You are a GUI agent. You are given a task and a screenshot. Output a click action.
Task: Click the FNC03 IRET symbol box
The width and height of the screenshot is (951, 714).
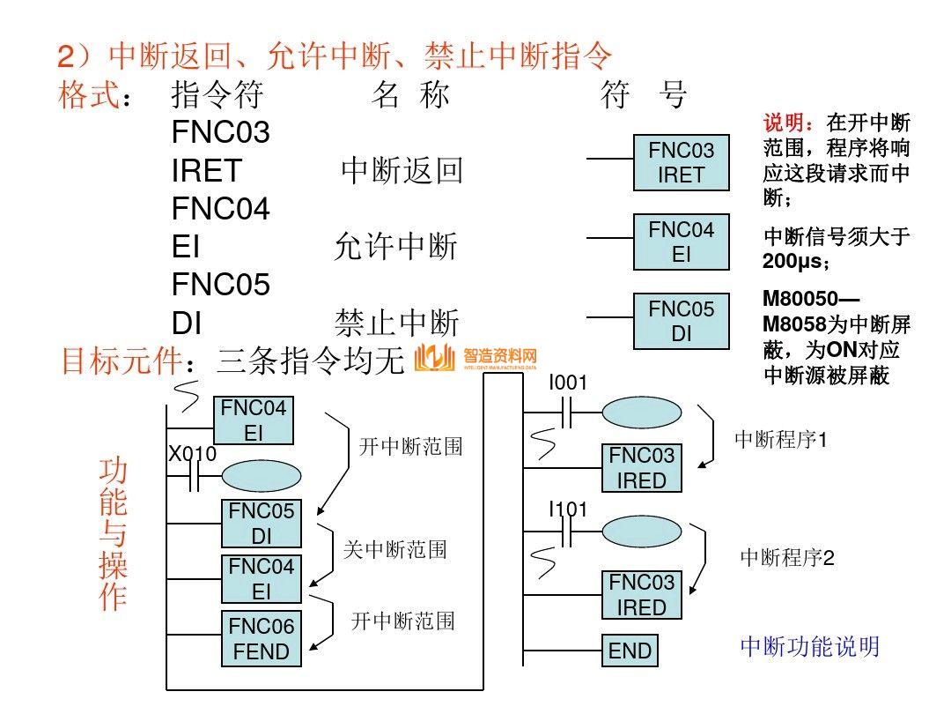(682, 163)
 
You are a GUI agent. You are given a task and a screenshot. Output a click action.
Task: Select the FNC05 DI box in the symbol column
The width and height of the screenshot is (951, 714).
(682, 322)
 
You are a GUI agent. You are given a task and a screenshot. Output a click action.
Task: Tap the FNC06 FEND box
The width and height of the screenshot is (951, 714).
(261, 639)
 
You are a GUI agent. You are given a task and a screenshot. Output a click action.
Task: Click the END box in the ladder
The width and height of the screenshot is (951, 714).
(630, 651)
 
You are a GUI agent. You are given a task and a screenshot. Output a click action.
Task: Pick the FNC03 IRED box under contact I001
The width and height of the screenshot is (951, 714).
(642, 468)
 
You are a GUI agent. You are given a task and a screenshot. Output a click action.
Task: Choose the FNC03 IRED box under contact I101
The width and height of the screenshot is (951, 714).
(642, 595)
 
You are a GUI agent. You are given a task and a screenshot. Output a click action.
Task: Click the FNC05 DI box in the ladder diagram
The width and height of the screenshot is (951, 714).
(262, 524)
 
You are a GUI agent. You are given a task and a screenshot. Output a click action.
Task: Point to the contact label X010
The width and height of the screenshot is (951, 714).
(193, 454)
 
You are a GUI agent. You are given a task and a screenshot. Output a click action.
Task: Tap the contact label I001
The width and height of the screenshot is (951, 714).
(568, 383)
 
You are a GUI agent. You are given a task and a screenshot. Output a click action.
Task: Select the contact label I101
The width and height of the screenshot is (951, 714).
(568, 509)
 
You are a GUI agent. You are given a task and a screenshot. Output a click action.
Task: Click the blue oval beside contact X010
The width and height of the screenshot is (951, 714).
(261, 477)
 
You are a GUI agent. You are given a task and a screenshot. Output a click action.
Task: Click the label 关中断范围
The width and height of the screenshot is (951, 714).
(394, 550)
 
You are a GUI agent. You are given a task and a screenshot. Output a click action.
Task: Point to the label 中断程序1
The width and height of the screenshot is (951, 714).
(781, 439)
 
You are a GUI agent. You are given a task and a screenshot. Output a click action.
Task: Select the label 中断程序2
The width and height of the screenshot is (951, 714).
(786, 558)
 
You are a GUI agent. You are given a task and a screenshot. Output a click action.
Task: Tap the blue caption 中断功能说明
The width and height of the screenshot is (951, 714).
(809, 647)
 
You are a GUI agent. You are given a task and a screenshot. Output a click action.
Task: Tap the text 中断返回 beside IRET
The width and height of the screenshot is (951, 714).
(402, 171)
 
